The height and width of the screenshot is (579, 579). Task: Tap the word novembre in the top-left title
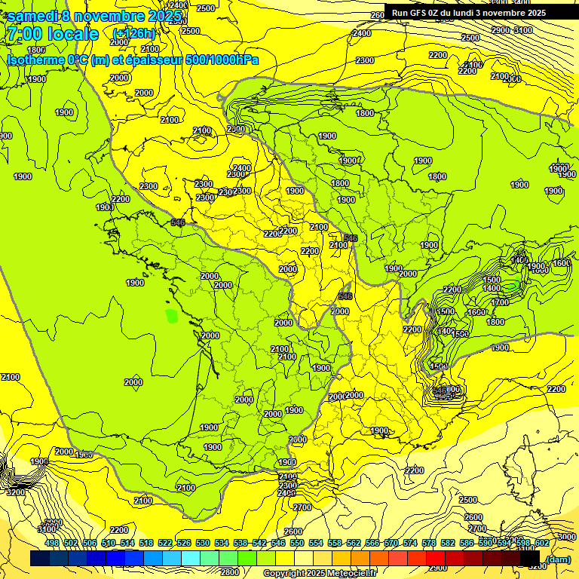[110, 16]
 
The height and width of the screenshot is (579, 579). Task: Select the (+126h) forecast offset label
[133, 34]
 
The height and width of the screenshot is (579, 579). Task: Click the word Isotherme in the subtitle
[35, 60]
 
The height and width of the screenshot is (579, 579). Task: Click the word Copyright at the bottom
[284, 574]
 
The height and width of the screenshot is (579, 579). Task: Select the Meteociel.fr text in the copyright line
[350, 574]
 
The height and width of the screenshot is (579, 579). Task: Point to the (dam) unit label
[558, 559]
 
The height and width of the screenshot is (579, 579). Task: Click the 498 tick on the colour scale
[51, 543]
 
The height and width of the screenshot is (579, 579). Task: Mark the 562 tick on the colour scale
[353, 543]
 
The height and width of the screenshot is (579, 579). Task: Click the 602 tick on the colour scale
[541, 543]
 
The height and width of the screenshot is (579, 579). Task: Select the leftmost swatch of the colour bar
[40, 559]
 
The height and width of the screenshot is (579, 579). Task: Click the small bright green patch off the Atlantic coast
[172, 316]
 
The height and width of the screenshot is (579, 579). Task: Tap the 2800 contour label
[230, 572]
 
